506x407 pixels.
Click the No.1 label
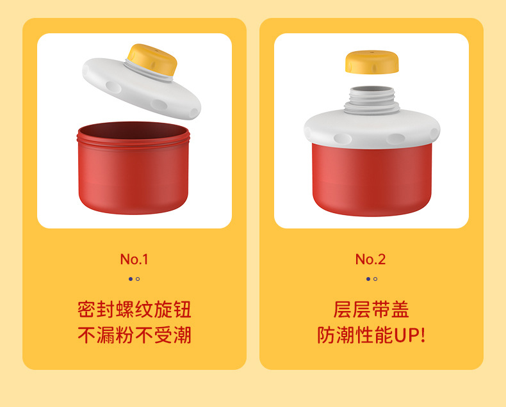pos(134,259)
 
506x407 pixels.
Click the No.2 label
pos(370,259)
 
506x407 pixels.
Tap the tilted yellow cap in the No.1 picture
pos(152,60)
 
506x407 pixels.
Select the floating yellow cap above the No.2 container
pos(371,61)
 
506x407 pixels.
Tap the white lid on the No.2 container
pos(371,129)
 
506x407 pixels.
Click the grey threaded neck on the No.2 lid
pos(371,100)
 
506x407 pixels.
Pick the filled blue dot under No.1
pos(131,279)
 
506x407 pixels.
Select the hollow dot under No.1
pos(138,279)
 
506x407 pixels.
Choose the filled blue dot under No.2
pos(368,279)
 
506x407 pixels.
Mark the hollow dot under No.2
pos(375,279)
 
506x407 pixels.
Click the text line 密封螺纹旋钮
pos(135,309)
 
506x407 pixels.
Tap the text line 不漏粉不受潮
pos(135,335)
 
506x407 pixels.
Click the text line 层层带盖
pos(371,309)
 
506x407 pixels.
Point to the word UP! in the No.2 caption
pos(410,335)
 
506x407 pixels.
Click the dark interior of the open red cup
pos(133,130)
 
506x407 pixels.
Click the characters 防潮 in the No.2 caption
pos(336,335)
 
